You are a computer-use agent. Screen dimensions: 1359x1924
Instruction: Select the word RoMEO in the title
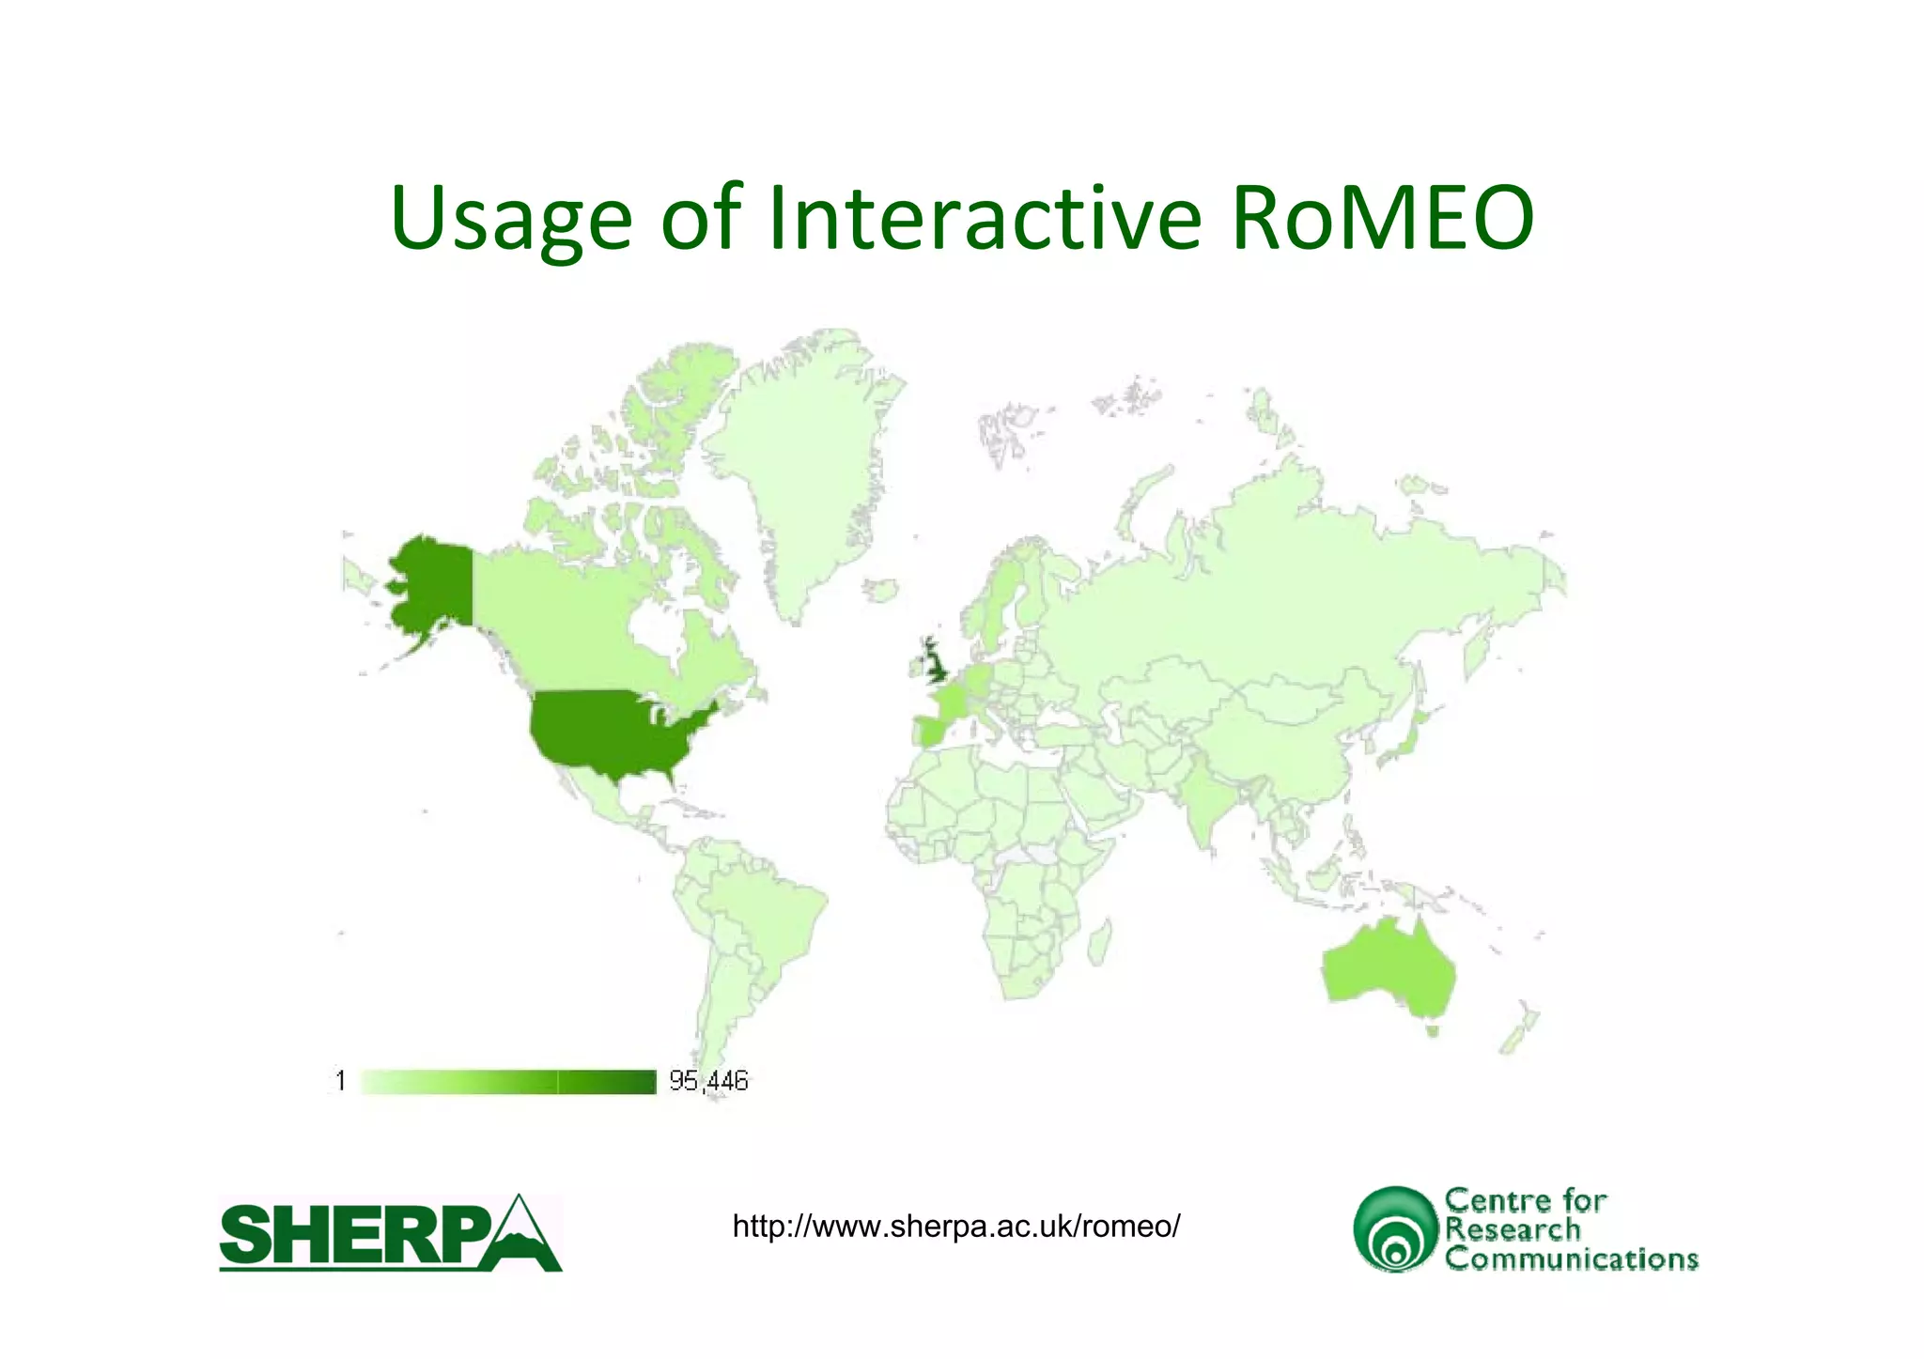coord(1383,218)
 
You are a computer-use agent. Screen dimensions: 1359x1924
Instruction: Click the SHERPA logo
coord(390,1233)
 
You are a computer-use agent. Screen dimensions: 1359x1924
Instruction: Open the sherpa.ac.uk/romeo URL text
coord(955,1226)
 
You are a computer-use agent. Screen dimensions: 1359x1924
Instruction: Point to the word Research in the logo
coord(1513,1228)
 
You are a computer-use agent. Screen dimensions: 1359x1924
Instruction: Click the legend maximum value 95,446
coord(708,1081)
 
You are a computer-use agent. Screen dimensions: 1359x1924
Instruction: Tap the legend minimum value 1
coord(341,1081)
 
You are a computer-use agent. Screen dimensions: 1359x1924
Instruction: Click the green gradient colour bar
coord(508,1082)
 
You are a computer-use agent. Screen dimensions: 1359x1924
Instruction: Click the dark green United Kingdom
coord(936,663)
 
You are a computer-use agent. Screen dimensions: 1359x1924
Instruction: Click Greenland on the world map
coord(808,470)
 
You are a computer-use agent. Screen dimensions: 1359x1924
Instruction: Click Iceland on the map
coord(881,591)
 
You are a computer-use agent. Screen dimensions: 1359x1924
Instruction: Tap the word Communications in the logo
coord(1571,1259)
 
